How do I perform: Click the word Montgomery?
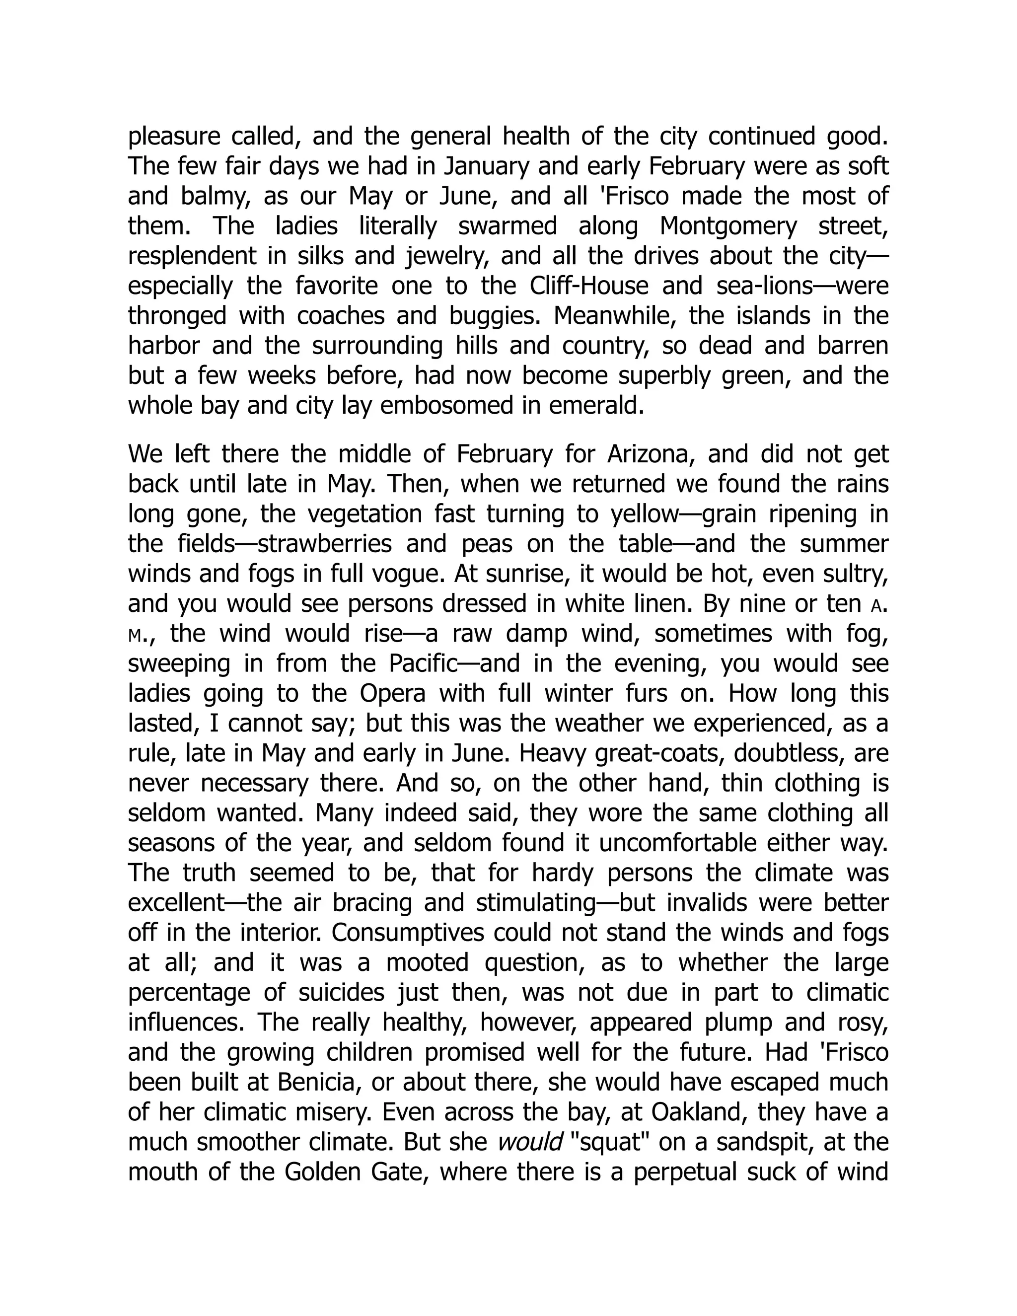pos(728,226)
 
